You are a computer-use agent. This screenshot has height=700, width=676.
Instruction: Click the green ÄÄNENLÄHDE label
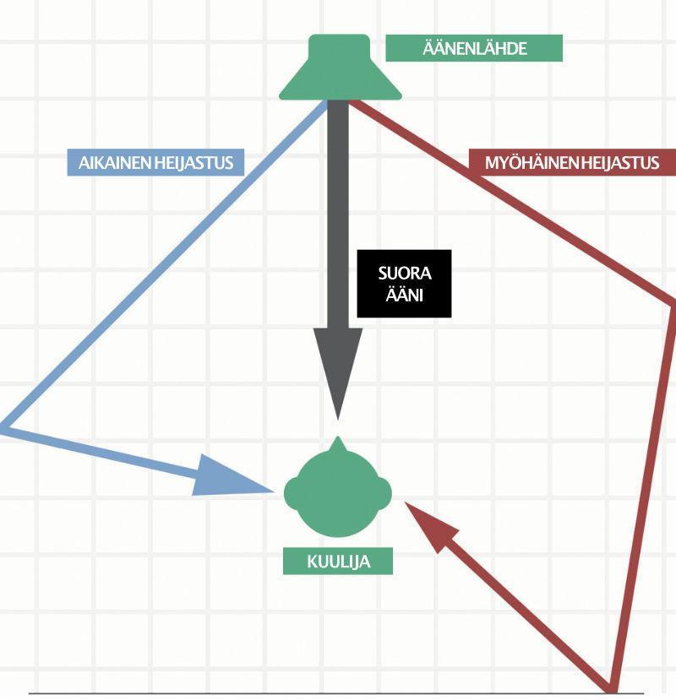[x=473, y=48]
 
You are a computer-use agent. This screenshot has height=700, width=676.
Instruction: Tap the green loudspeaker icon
[x=340, y=69]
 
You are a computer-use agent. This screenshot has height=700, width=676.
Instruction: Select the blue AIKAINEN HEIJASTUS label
[x=155, y=162]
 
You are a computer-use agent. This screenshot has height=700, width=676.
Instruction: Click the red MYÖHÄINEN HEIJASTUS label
[x=572, y=162]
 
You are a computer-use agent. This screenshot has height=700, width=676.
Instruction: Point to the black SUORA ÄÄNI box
[x=404, y=284]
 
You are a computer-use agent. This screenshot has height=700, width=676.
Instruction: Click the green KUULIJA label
[x=338, y=562]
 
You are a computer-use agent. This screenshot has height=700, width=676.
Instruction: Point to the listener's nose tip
[x=338, y=440]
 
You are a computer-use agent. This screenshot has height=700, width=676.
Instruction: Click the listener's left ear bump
[x=290, y=492]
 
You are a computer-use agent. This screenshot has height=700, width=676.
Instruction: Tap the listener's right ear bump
[x=386, y=492]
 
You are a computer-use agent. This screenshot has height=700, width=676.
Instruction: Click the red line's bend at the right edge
[x=672, y=301]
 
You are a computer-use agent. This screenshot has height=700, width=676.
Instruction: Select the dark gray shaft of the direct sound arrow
[x=338, y=211]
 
